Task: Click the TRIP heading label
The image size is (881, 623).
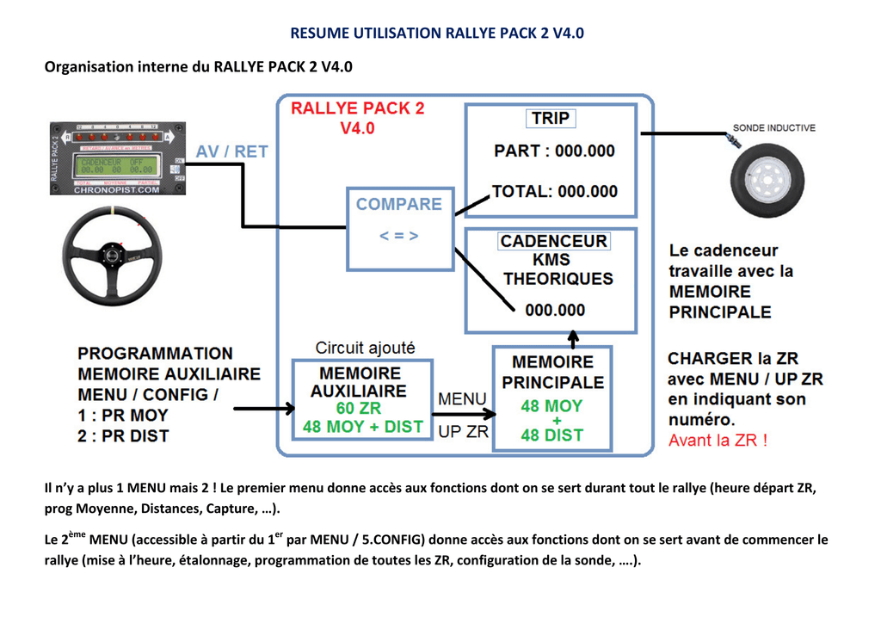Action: pyautogui.click(x=551, y=119)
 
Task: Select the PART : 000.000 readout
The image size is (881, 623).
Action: pyautogui.click(x=554, y=151)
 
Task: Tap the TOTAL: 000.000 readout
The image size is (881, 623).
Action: pyautogui.click(x=554, y=191)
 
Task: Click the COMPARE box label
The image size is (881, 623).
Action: pyautogui.click(x=398, y=204)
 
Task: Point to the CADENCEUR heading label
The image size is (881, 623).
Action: pyautogui.click(x=554, y=242)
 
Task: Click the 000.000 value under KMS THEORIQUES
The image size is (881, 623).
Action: pyautogui.click(x=555, y=310)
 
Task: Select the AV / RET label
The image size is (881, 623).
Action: pyautogui.click(x=231, y=151)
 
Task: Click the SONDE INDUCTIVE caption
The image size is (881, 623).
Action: pyautogui.click(x=773, y=128)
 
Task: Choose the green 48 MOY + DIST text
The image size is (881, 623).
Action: pyautogui.click(x=362, y=427)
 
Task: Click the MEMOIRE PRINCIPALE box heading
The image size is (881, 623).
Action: pyautogui.click(x=552, y=373)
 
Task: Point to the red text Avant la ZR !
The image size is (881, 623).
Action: pyautogui.click(x=718, y=441)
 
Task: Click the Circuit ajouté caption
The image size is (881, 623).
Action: pyautogui.click(x=365, y=348)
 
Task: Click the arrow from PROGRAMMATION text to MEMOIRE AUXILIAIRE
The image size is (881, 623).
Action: pyautogui.click(x=262, y=409)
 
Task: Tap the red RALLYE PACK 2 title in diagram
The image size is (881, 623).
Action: pyautogui.click(x=357, y=108)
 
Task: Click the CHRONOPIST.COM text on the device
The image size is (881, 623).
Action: pyautogui.click(x=117, y=190)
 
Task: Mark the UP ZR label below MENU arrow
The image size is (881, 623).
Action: pyautogui.click(x=463, y=432)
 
